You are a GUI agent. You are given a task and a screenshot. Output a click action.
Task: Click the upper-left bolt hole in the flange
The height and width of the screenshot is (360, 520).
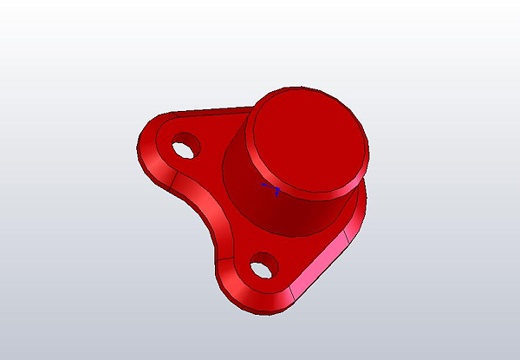click(x=184, y=148)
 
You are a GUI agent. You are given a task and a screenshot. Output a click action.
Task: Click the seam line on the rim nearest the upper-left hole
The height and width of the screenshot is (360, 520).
click(x=176, y=178)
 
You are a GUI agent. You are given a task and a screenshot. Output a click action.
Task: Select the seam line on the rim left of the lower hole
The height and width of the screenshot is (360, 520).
click(x=219, y=265)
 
